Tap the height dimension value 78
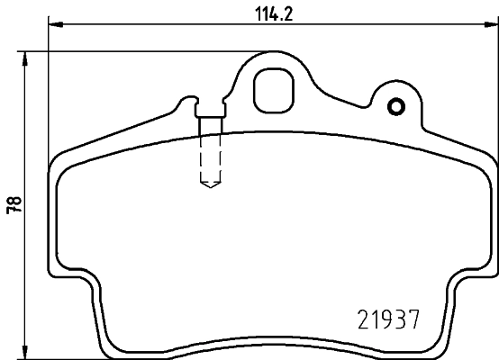[11, 204]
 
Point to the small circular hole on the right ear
[394, 107]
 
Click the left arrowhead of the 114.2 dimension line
[52, 27]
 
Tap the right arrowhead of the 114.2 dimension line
[492, 27]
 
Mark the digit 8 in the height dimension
[11, 200]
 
